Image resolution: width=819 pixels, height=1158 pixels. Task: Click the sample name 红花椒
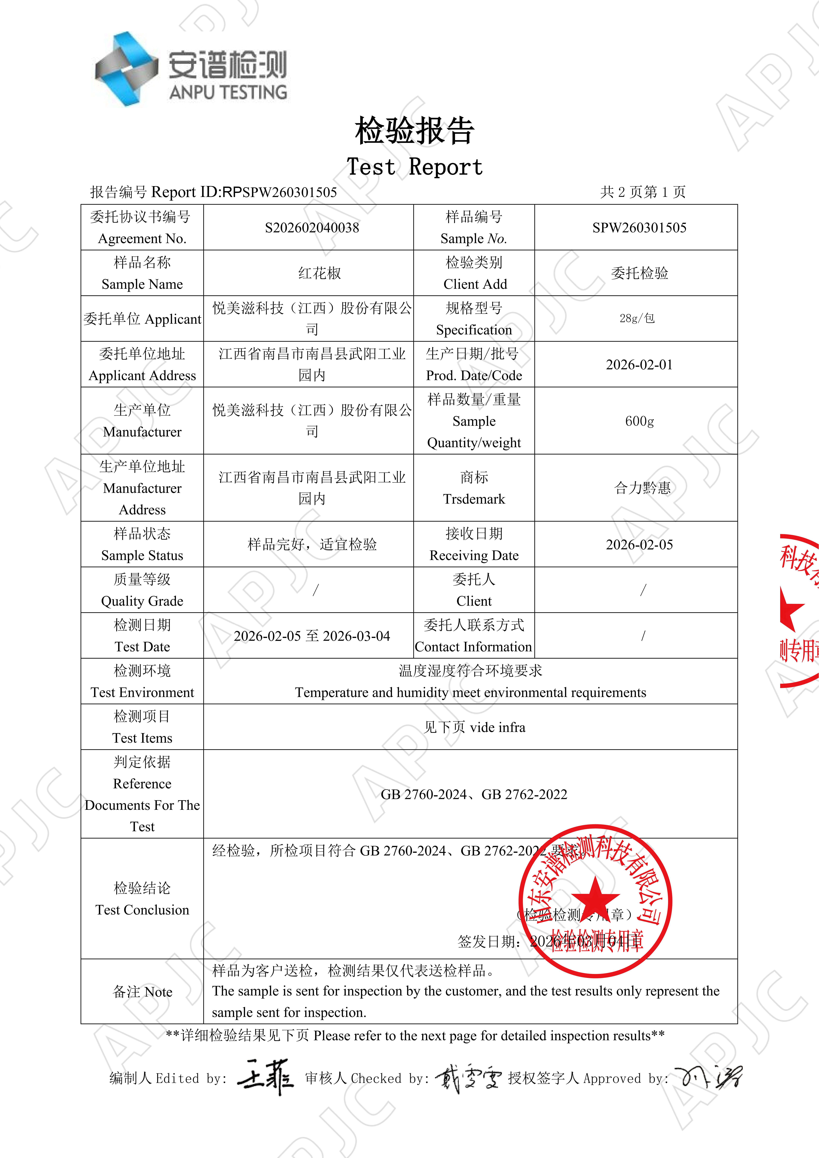(x=319, y=273)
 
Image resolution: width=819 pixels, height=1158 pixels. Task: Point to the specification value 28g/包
(x=637, y=318)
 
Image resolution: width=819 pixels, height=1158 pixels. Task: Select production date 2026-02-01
(x=639, y=365)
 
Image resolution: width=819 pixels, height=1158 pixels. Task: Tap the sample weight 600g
(x=639, y=421)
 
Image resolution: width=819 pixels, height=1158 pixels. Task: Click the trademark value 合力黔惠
(x=642, y=488)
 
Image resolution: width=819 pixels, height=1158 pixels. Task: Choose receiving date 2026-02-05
(x=639, y=545)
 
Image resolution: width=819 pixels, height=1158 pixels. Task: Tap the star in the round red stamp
(x=596, y=899)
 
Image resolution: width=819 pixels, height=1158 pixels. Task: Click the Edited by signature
(x=265, y=1078)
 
